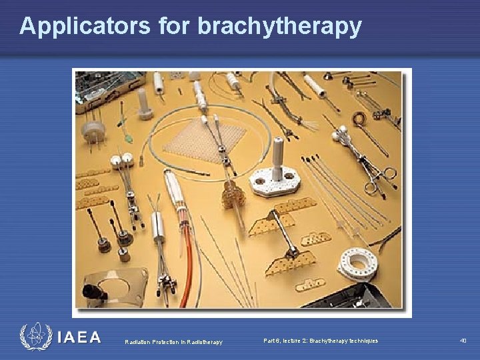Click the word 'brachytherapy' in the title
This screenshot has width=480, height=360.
click(x=280, y=26)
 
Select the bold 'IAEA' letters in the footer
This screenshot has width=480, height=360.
click(x=79, y=338)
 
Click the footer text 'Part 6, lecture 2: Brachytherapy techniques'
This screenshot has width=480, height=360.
click(x=320, y=341)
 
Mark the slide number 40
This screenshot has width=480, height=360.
click(x=463, y=341)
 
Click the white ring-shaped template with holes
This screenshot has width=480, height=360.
click(x=357, y=264)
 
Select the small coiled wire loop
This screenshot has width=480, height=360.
click(x=359, y=120)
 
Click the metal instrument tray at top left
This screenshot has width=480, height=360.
click(x=107, y=87)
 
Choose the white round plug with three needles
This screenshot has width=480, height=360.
click(x=91, y=127)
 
